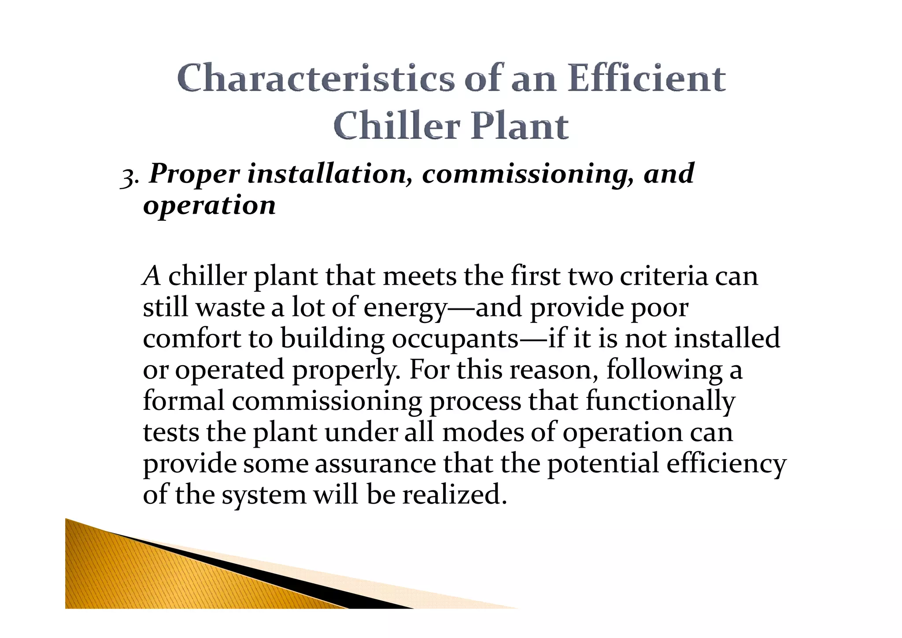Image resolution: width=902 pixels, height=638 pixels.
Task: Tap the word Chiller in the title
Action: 396,126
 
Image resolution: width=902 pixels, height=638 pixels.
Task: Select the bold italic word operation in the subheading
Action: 209,206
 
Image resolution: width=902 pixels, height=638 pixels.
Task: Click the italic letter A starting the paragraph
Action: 152,277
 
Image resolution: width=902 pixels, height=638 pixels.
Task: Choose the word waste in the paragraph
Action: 229,308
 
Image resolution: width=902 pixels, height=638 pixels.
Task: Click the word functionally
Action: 660,402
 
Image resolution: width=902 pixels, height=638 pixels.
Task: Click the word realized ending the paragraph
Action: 454,495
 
